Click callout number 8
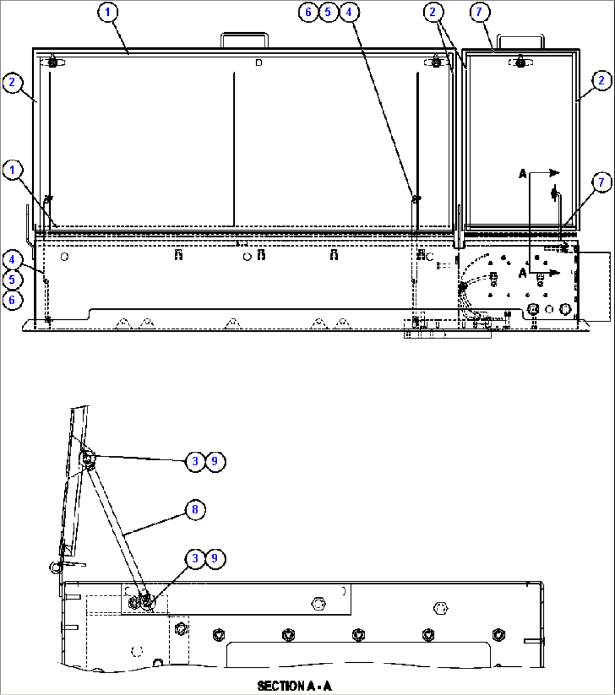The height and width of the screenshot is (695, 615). pyautogui.click(x=195, y=510)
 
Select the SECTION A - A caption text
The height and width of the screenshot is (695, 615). pyautogui.click(x=295, y=686)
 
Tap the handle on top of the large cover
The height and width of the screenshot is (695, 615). pyautogui.click(x=244, y=40)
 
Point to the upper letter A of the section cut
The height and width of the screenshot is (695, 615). pyautogui.click(x=523, y=175)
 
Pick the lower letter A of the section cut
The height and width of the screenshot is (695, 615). pyautogui.click(x=523, y=274)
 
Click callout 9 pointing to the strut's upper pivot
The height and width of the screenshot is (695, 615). pyautogui.click(x=214, y=461)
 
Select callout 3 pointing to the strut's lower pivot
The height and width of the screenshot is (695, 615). pyautogui.click(x=195, y=558)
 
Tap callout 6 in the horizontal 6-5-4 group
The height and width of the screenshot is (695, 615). pyautogui.click(x=308, y=12)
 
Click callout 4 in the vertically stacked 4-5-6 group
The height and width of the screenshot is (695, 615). pyautogui.click(x=12, y=259)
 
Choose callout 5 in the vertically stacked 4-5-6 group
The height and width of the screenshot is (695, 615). pyautogui.click(x=12, y=280)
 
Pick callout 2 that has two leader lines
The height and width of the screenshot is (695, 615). pyautogui.click(x=433, y=12)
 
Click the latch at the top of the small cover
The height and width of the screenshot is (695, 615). pyautogui.click(x=517, y=63)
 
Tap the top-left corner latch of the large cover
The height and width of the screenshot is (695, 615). pyautogui.click(x=52, y=62)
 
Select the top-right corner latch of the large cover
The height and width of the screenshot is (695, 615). pyautogui.click(x=436, y=62)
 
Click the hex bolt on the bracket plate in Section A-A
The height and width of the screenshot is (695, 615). pyautogui.click(x=319, y=604)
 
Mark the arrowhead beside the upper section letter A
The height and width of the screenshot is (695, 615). pyautogui.click(x=554, y=173)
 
